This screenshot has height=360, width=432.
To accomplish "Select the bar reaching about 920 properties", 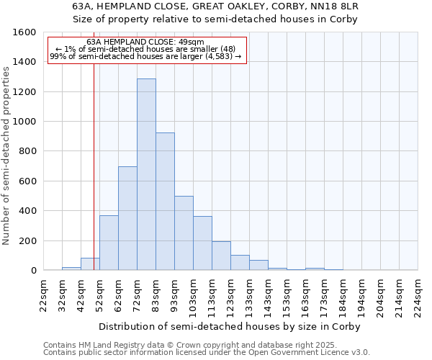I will pyautogui.click(x=165, y=202).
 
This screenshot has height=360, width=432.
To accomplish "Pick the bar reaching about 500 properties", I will pyautogui.click(x=184, y=233).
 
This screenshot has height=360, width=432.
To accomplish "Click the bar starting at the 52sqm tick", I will pyautogui.click(x=109, y=243).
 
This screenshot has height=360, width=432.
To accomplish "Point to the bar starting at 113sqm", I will pyautogui.click(x=221, y=256).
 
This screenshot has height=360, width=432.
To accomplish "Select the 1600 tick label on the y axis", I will pyautogui.click(x=24, y=32).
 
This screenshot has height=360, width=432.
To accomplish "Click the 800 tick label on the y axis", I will pyautogui.click(x=27, y=151).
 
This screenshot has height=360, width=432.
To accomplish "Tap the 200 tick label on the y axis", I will pyautogui.click(x=27, y=240).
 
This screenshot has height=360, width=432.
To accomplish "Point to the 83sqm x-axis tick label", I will pyautogui.click(x=156, y=294).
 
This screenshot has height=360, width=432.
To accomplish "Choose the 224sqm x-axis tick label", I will pyautogui.click(x=418, y=294).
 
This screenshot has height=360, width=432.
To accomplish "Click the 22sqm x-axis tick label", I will pyautogui.click(x=43, y=294).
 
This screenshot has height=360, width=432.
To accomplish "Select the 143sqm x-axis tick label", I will pyautogui.click(x=268, y=294).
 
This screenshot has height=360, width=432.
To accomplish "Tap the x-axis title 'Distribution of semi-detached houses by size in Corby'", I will pyautogui.click(x=229, y=326).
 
